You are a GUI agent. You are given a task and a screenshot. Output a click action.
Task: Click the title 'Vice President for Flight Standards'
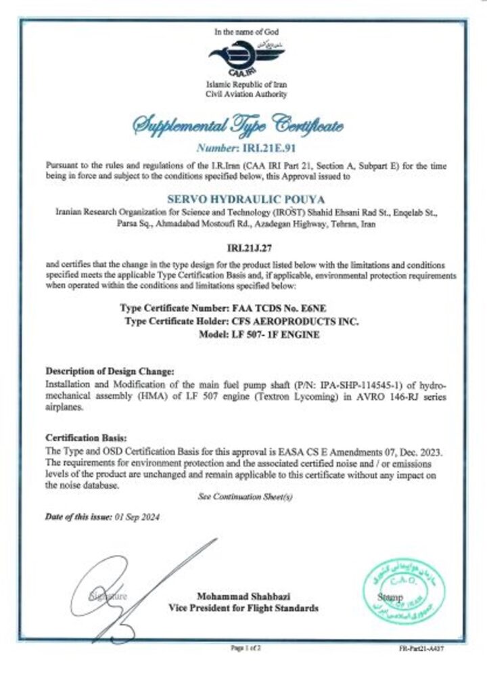pyautogui.click(x=242, y=608)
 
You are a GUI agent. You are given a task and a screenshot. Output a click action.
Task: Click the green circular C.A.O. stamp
pyautogui.click(x=404, y=587)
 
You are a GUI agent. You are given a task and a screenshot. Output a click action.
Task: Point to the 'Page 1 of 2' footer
pyautogui.click(x=242, y=648)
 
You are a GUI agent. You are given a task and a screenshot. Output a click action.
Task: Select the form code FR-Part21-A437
pyautogui.click(x=421, y=648)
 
